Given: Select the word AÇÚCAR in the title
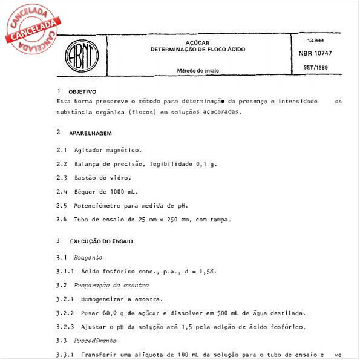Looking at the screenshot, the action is click(x=198, y=42).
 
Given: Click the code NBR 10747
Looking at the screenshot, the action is click(x=316, y=53).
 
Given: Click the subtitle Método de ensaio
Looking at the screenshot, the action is click(x=198, y=71).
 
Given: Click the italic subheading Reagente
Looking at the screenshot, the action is click(x=88, y=258).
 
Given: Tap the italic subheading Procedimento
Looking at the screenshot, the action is click(x=96, y=341).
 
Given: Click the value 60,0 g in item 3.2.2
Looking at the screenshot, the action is click(x=103, y=313).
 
